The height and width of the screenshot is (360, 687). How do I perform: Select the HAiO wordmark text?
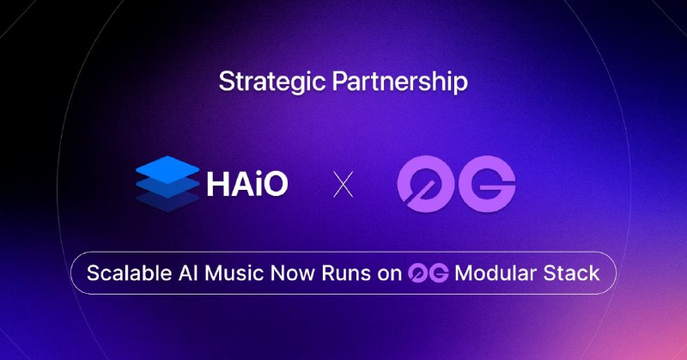pyautogui.click(x=247, y=183)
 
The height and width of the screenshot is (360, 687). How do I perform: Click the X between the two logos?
pyautogui.click(x=343, y=184)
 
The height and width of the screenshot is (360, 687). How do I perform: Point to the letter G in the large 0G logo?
pyautogui.click(x=486, y=184)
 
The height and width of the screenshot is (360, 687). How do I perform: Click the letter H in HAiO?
pyautogui.click(x=216, y=183)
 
